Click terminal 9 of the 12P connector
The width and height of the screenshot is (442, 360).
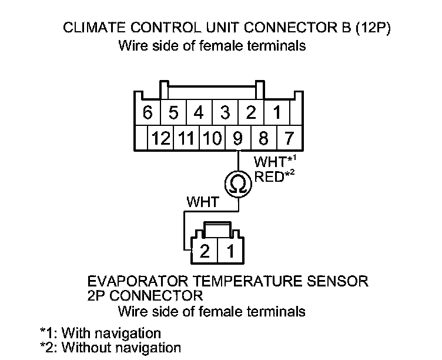click(237, 138)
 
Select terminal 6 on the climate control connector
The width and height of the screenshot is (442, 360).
click(147, 112)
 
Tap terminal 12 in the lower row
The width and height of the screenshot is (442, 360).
click(160, 138)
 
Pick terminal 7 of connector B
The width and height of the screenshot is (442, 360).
click(289, 138)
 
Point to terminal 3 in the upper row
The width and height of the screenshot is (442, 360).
click(225, 112)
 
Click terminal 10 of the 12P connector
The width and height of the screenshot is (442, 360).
click(212, 138)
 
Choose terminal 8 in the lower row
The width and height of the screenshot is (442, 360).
click(263, 138)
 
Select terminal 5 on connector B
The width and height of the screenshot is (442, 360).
click(173, 112)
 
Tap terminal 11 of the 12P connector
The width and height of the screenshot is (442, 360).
click(186, 138)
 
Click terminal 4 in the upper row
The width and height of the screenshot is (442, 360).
click(199, 112)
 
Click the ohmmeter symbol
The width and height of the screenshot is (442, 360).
click(238, 184)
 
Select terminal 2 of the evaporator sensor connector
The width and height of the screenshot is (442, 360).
click(205, 252)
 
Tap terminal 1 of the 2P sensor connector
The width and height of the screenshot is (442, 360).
click(230, 252)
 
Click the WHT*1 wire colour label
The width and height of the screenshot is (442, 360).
click(273, 161)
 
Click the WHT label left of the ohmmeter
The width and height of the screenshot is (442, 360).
click(202, 202)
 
